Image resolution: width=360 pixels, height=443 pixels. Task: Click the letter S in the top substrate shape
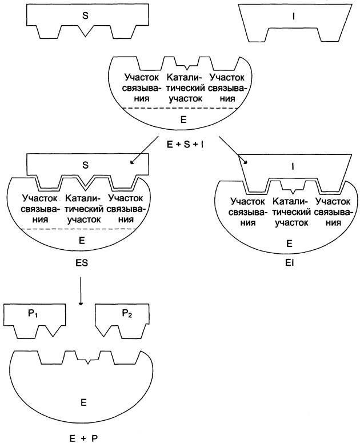85,15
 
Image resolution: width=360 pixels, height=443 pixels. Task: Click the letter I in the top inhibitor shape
294,17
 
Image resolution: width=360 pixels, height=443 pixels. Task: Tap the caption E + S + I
185,145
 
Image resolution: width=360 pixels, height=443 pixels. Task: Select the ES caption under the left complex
82,263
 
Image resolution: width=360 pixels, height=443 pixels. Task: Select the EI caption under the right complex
289,264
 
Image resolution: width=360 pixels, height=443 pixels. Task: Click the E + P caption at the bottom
83,438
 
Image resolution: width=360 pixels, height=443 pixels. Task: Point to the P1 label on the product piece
33,314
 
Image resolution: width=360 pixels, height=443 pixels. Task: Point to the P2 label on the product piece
127,314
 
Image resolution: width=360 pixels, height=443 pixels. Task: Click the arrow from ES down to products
81,291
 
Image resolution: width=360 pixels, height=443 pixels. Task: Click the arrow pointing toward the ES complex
145,150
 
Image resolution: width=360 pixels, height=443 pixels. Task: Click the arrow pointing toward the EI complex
233,150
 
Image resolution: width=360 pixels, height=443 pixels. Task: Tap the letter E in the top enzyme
183,120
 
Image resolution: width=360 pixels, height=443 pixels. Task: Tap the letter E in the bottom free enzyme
83,402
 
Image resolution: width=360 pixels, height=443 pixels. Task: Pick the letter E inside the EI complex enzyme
289,244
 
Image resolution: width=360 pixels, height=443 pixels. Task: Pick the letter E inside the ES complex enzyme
82,241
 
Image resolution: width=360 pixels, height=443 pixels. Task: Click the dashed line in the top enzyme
183,108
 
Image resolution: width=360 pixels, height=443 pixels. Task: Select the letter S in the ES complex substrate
85,165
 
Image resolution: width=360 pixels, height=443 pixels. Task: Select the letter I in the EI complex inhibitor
293,167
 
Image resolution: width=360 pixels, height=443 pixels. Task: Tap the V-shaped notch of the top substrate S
86,31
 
